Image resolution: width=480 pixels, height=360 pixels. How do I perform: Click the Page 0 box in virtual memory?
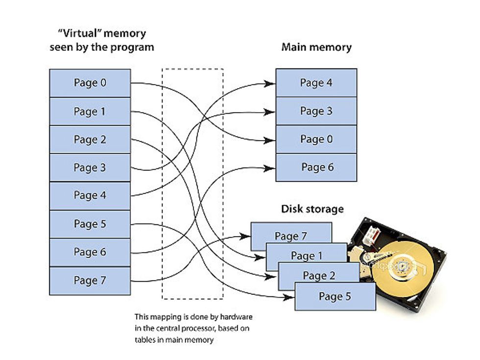pos(90,83)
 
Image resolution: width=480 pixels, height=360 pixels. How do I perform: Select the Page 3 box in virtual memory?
pos(90,168)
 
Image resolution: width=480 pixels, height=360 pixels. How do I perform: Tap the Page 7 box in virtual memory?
pos(90,281)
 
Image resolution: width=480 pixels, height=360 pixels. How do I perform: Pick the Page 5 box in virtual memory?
pos(90,224)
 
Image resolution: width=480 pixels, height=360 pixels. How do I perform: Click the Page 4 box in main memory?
pos(316,83)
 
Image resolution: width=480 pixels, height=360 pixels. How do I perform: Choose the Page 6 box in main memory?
pos(316,168)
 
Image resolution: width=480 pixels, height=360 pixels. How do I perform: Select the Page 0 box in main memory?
pos(316,139)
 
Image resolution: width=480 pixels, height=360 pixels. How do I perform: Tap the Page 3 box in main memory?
pos(316,111)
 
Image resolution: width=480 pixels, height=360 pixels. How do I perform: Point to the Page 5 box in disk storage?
pos(335,296)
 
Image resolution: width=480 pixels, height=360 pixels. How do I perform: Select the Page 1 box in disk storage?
pos(306,255)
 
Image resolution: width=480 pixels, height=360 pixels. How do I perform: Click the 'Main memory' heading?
pos(316,48)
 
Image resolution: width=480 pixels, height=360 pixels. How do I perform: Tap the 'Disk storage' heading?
pos(312,209)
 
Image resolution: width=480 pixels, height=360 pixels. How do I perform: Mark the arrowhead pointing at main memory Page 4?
pos(270,83)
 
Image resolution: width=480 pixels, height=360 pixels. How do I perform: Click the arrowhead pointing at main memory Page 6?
pos(270,168)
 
